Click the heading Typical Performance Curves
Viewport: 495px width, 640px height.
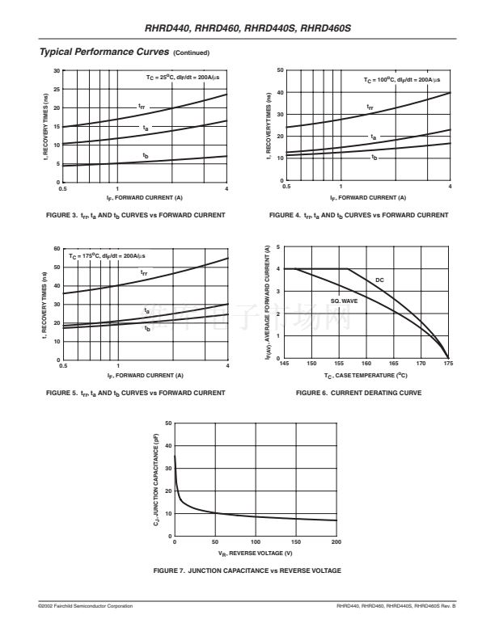tap(104, 52)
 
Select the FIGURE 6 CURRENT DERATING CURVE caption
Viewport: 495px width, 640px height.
tap(358, 393)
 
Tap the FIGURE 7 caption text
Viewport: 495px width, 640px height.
tap(247, 571)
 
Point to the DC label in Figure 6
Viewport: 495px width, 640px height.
tap(380, 280)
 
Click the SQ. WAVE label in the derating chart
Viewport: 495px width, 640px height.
tap(344, 301)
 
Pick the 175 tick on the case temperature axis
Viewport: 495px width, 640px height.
tap(448, 364)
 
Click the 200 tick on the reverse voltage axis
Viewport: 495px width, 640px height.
tap(336, 541)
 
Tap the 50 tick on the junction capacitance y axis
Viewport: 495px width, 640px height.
tap(167, 423)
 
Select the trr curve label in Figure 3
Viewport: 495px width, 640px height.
tap(142, 106)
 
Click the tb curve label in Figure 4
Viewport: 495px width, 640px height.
tap(374, 157)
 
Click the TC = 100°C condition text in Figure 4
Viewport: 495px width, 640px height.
tap(402, 80)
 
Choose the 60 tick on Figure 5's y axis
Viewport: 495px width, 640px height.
tap(57, 248)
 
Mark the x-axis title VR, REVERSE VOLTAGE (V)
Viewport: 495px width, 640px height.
tap(255, 553)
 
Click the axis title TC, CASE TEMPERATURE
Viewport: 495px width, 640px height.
tap(366, 376)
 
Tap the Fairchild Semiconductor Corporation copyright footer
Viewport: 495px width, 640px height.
tap(86, 606)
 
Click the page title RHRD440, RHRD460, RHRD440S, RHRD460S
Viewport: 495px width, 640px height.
tap(247, 29)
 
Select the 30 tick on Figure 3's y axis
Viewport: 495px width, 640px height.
tap(57, 70)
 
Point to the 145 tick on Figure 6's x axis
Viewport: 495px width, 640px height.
tap(284, 364)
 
